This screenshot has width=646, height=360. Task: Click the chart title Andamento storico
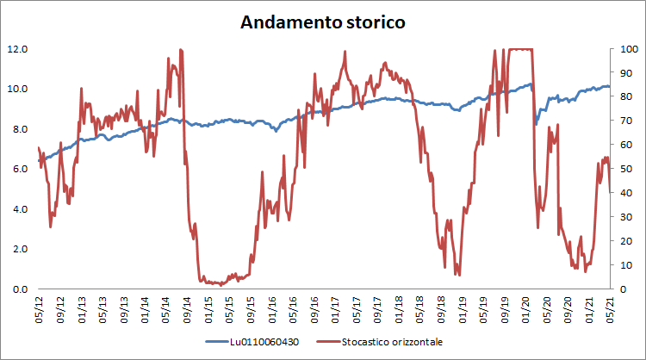[x=322, y=22]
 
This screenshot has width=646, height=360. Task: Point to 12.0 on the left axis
[x=19, y=49]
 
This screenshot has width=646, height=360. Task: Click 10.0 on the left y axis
[x=19, y=89]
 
